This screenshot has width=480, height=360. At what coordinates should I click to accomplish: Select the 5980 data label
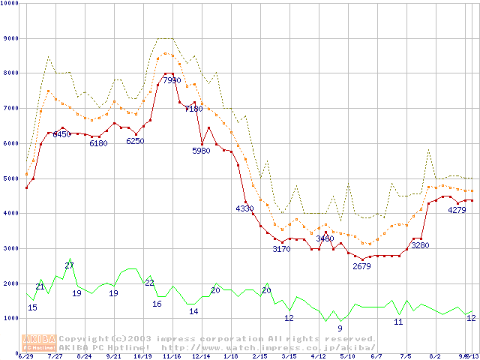tap(201, 151)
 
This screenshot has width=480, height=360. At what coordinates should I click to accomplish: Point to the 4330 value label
tap(244, 208)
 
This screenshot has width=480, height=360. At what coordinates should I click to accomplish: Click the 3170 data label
tap(281, 249)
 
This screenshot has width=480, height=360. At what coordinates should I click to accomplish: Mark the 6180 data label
tap(98, 143)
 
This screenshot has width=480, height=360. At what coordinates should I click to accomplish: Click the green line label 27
tap(69, 266)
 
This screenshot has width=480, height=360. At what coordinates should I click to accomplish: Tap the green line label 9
tap(340, 328)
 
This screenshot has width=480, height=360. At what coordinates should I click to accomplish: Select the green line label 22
tap(149, 283)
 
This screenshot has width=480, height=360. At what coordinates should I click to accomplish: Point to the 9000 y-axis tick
tap(11, 38)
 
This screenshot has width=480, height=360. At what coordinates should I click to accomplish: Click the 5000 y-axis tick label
tap(11, 178)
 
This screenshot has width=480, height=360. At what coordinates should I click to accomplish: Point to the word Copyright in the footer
tap(85, 339)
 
